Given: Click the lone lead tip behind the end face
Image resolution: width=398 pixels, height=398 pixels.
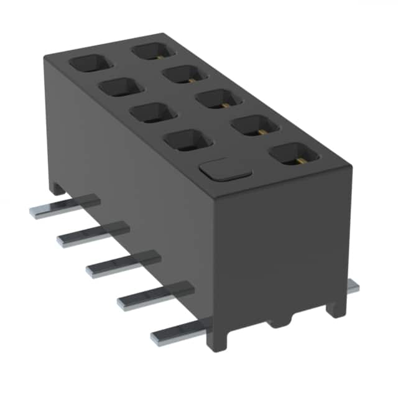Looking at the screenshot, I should point(353,287).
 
